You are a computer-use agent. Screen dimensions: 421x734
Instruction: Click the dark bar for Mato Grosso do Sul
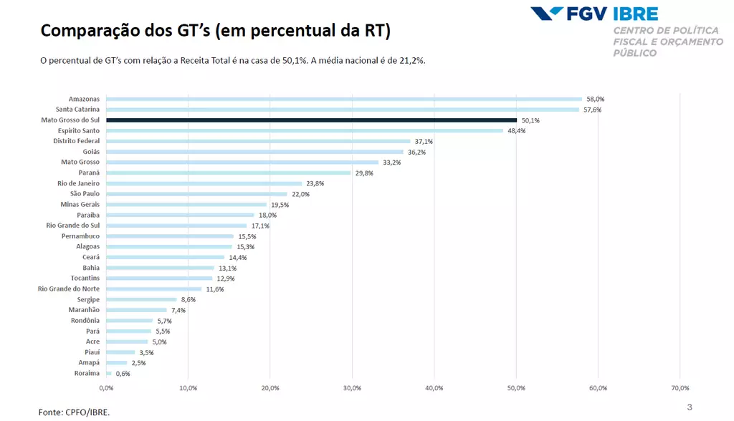point(311,120)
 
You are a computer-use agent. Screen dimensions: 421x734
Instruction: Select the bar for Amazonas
point(344,99)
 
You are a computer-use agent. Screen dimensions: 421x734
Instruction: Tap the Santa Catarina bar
point(343,110)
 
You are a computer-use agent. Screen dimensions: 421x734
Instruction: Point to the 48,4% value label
point(517,131)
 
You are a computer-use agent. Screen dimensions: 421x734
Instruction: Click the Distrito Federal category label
point(77,141)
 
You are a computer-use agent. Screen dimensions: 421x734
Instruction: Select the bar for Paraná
point(229,173)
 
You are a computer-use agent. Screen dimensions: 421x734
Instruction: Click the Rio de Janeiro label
point(79,183)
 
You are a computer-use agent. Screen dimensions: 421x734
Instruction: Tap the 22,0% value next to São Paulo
point(300,194)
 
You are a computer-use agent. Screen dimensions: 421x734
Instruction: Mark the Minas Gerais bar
point(186,205)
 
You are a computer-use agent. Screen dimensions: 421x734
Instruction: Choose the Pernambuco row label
point(81,236)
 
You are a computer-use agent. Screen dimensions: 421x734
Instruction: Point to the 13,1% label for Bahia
point(227,268)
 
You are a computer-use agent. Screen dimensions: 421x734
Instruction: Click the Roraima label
point(87,373)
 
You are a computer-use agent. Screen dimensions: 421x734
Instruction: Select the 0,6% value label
point(123,373)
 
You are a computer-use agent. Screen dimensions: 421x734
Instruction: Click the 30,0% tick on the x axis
point(352,388)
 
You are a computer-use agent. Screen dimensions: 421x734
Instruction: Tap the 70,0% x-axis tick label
point(680,388)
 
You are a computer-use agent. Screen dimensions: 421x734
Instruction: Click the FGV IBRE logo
point(594,14)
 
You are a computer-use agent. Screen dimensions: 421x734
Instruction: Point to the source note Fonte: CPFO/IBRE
point(75,412)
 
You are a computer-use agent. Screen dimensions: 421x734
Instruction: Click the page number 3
point(690,407)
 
